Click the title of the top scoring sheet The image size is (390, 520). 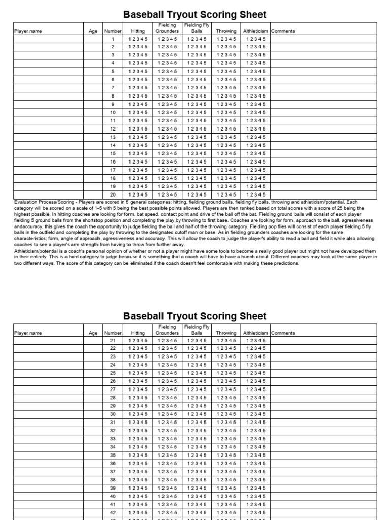195,14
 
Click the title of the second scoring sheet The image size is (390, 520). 195,316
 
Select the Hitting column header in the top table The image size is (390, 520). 138,31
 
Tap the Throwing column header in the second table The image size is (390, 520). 226,333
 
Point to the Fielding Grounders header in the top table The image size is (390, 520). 167,28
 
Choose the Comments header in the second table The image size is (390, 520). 283,333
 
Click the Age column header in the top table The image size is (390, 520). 93,31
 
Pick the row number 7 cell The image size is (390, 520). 113,88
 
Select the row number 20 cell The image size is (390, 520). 113,194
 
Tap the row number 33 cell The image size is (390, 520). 113,439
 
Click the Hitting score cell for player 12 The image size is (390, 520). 138,129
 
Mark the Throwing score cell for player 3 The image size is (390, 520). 226,55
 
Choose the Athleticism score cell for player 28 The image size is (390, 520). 255,398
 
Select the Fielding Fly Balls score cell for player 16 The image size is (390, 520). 197,161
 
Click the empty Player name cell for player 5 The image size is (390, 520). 49,72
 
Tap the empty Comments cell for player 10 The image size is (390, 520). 323,112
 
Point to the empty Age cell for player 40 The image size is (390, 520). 93,496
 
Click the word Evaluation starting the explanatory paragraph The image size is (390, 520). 26,202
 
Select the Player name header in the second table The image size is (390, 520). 28,333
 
